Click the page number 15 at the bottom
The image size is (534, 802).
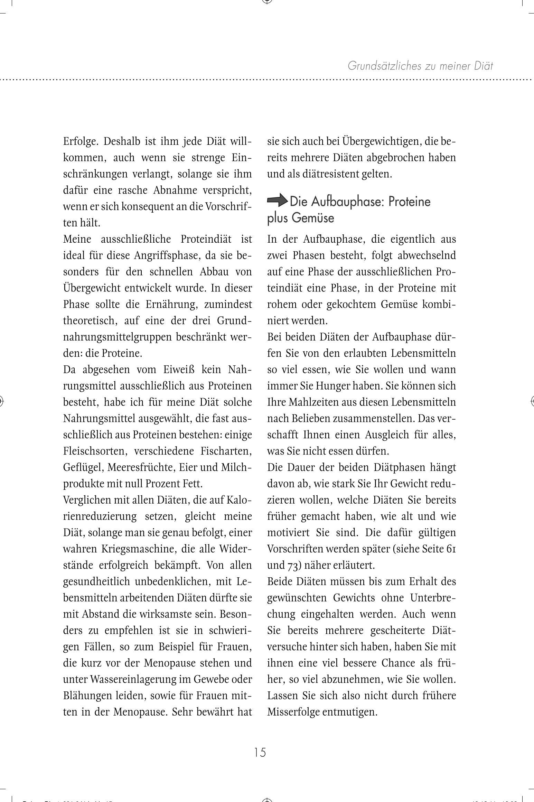pyautogui.click(x=260, y=752)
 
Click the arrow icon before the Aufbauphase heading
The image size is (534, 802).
pyautogui.click(x=278, y=200)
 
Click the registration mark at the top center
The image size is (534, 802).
pyautogui.click(x=267, y=1)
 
